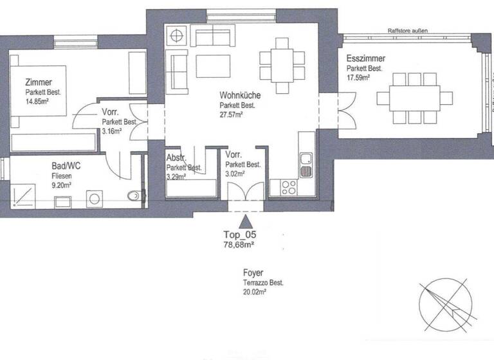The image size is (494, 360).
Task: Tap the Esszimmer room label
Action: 365,58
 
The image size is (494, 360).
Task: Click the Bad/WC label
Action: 66,165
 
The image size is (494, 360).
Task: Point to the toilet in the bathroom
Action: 134,197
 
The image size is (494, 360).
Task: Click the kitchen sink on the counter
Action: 306,165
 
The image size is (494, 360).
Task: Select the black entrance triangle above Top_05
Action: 244,223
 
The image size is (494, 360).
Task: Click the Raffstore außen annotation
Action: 407,30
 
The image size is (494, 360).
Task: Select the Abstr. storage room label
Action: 176,159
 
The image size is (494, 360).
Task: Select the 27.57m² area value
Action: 231,114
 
